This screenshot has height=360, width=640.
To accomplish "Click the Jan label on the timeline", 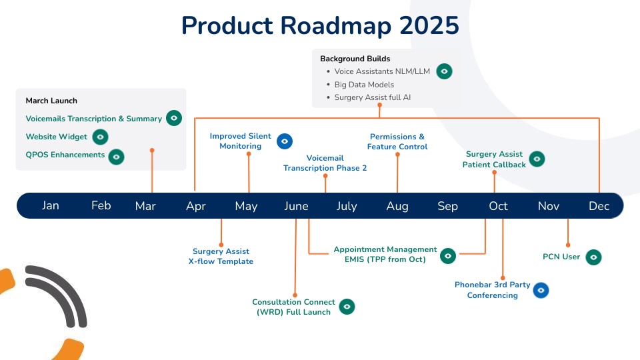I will [51, 205].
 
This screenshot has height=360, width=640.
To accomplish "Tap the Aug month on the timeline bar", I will [397, 206].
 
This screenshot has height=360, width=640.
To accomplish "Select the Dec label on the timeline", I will [599, 206].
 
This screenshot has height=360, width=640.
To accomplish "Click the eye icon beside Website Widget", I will [100, 137].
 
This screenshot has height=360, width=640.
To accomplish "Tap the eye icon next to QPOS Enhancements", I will [117, 157].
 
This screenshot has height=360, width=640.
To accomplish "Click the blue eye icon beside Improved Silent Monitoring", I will [285, 141].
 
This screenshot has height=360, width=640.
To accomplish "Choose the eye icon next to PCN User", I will [593, 257].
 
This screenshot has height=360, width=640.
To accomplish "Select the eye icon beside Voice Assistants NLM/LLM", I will [444, 71].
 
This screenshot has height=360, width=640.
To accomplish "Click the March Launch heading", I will [51, 101].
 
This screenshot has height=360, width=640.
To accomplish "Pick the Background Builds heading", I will [355, 59].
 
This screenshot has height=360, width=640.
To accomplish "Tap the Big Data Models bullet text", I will [364, 85].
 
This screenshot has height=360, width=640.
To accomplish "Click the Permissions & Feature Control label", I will [397, 141].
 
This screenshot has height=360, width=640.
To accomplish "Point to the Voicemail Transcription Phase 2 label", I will [325, 163].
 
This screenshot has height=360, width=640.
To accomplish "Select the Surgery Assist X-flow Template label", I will [221, 256].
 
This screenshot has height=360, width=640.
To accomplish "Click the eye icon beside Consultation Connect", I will [347, 307].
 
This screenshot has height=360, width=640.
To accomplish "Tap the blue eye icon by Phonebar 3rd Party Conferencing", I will [541, 290].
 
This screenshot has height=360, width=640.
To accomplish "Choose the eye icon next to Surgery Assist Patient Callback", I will [537, 159].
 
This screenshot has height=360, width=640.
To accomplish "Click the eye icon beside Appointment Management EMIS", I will [448, 255].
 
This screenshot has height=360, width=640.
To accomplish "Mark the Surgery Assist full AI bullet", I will [373, 97].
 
